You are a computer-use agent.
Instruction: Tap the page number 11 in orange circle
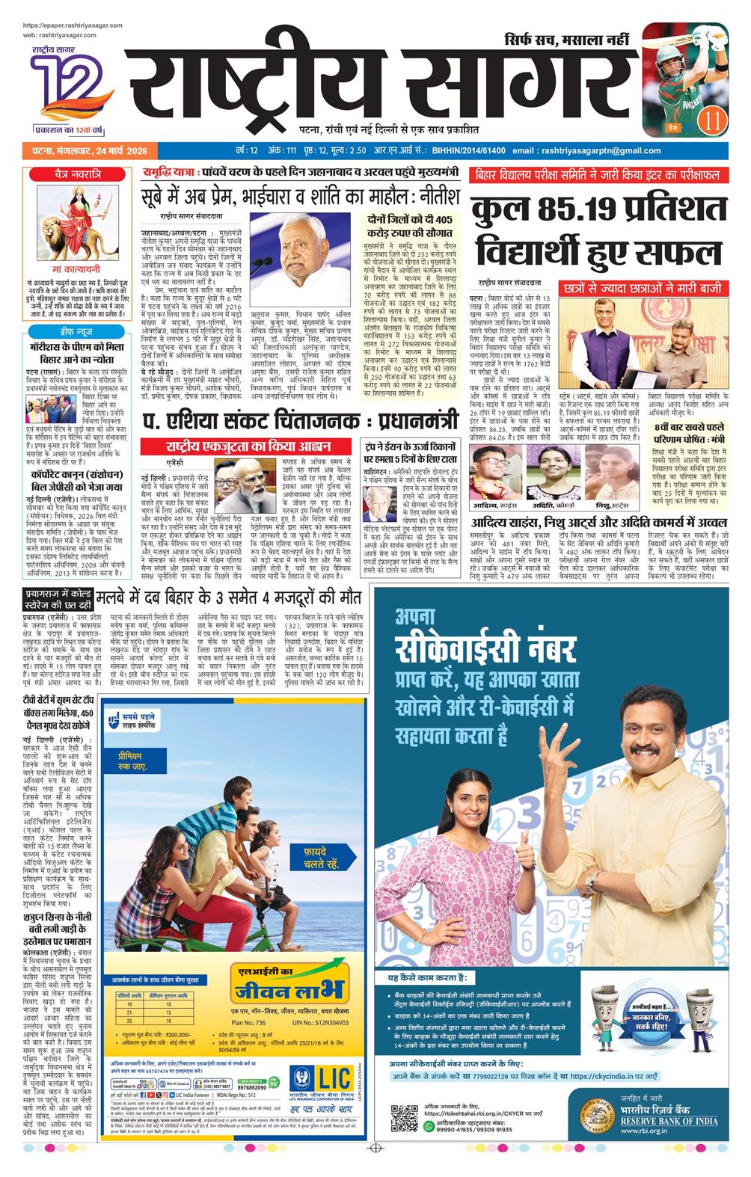pyautogui.click(x=712, y=119)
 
